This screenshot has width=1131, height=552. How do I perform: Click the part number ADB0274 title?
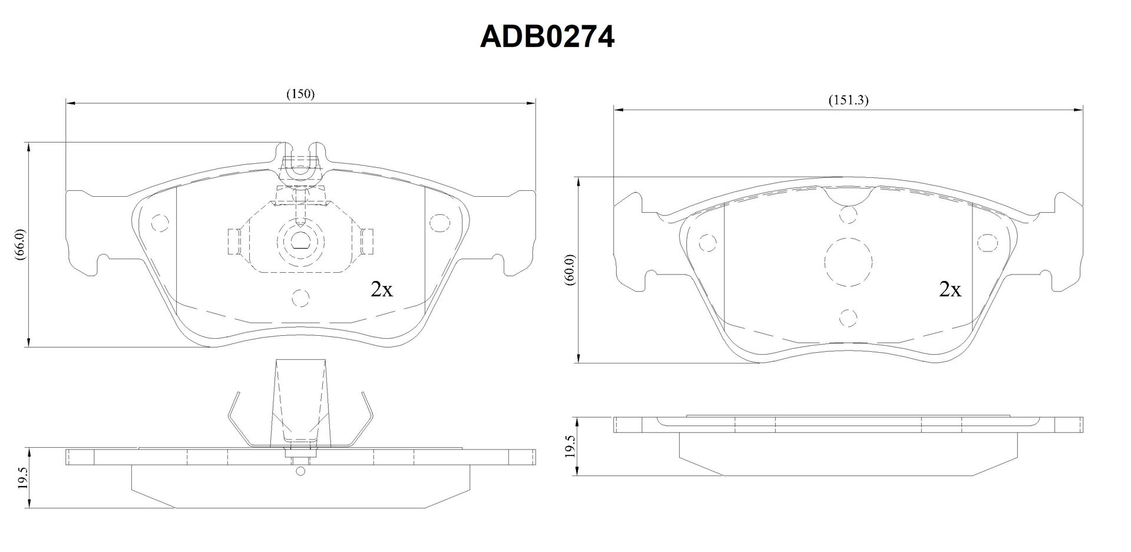pos(547,37)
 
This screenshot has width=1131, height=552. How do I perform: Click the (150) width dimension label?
pos(300,94)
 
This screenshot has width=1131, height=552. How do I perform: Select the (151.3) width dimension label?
pos(849,100)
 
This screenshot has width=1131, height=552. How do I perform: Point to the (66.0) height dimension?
pos(19,244)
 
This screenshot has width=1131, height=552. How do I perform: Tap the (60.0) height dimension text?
pos(569,270)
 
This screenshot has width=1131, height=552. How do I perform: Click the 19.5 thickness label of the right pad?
pos(570,447)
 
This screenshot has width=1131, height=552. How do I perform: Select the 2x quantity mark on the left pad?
pos(381,289)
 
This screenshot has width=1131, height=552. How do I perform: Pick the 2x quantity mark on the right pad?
pos(950,289)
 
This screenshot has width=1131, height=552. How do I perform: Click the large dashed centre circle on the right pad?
pos(848,262)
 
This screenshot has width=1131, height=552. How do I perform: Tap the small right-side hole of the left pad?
pos(438,222)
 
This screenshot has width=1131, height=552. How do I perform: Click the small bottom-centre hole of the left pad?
pos(301,298)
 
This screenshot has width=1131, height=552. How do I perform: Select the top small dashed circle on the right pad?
pos(848,215)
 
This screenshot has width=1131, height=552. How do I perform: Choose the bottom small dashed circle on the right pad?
pos(848,318)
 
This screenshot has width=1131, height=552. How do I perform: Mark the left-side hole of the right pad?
pos(706,242)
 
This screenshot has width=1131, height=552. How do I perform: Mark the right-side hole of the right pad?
pos(986,242)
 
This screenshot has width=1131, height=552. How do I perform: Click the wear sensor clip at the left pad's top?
pos(301,160)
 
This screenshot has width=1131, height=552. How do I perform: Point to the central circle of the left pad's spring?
pos(301,240)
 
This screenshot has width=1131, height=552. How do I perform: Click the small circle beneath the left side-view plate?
pos(301,471)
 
